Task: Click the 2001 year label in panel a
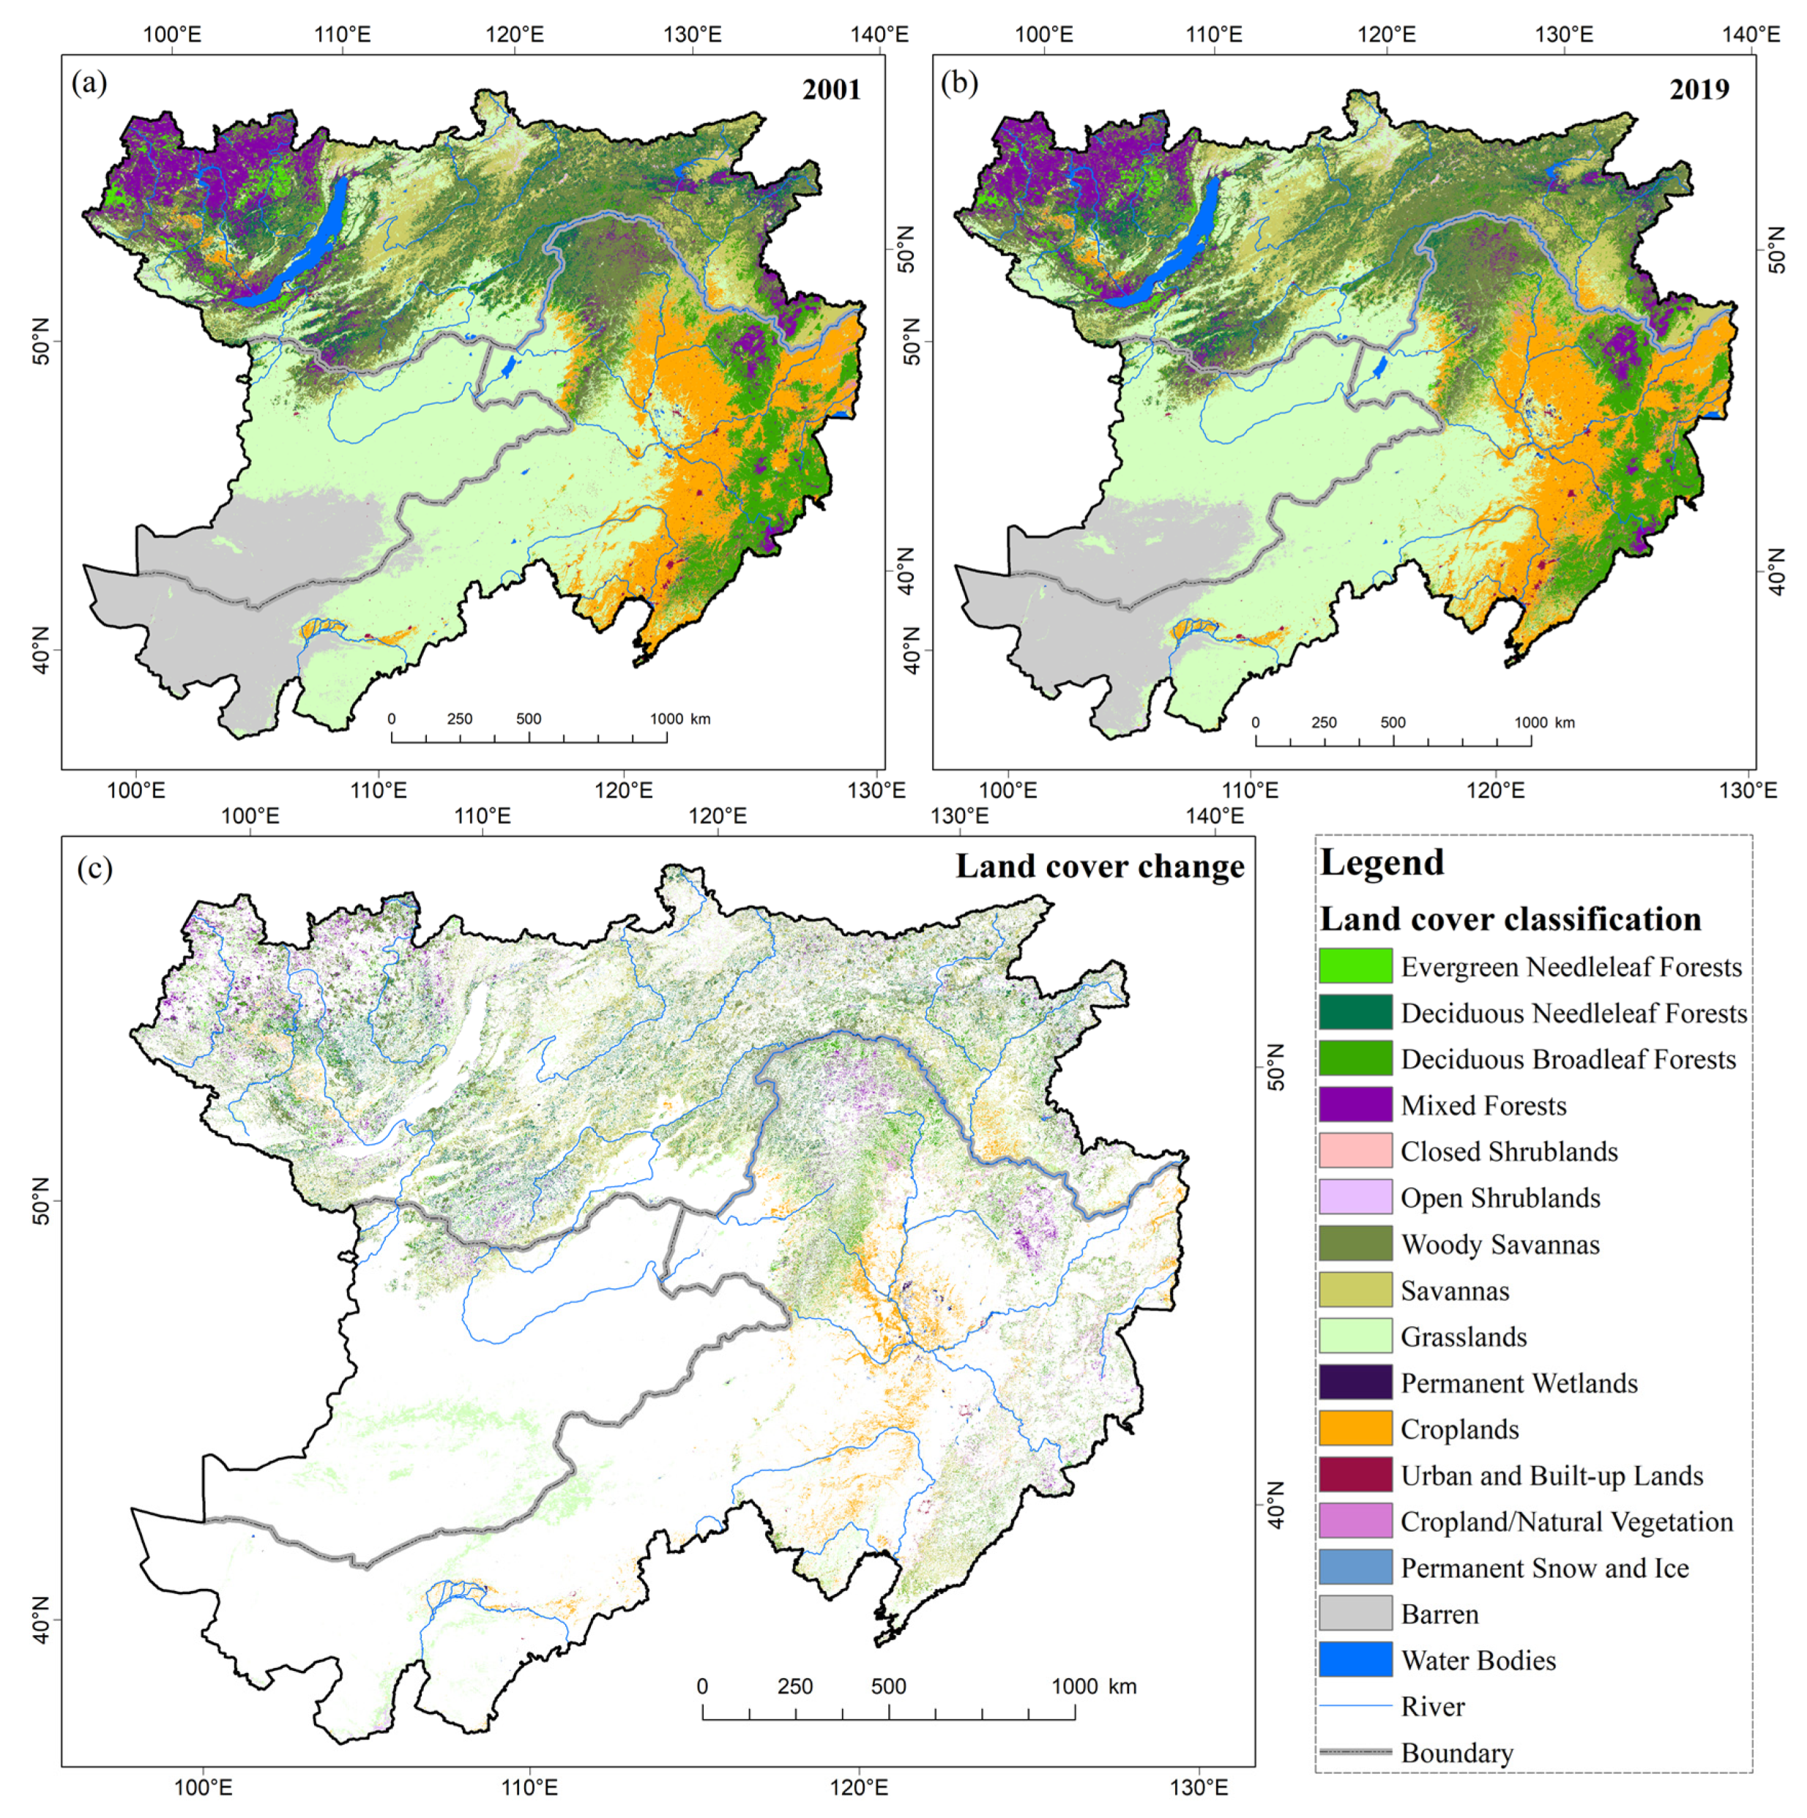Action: point(830,89)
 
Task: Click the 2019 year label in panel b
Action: point(1699,89)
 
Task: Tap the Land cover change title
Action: point(1099,866)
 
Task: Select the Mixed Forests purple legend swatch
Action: point(1355,1104)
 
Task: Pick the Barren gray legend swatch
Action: point(1355,1614)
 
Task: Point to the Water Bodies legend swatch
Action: point(1355,1660)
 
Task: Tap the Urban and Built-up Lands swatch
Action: point(1355,1475)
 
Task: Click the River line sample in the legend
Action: point(1355,1705)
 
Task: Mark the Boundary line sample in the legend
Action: point(1355,1752)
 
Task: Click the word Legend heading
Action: point(1381,862)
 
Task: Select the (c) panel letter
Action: point(94,867)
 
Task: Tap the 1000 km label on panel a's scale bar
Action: point(679,719)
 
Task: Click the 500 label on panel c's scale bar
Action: point(887,1686)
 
